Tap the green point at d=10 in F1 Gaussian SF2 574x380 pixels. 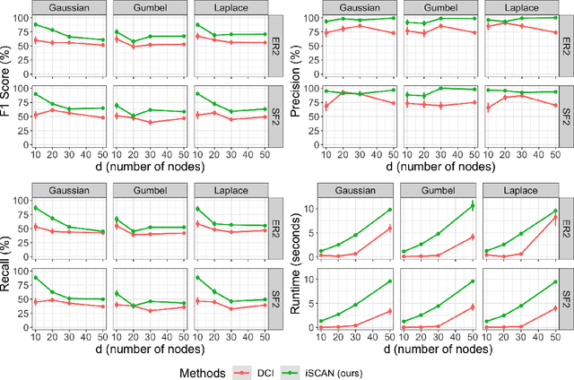(x=35, y=94)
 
